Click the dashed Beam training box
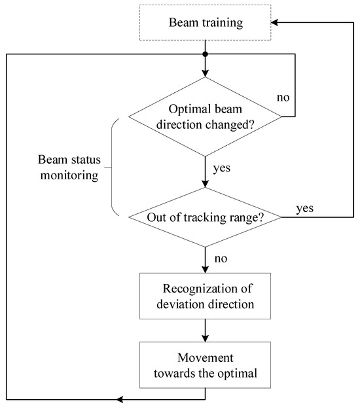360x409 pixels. (206, 24)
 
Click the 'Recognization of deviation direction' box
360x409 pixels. (206, 296)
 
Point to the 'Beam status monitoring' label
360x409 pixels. (67, 167)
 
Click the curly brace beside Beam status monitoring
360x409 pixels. (112, 168)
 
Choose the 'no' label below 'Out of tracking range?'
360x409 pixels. (221, 258)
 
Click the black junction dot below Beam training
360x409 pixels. (206, 54)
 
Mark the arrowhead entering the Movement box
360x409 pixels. (206, 338)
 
